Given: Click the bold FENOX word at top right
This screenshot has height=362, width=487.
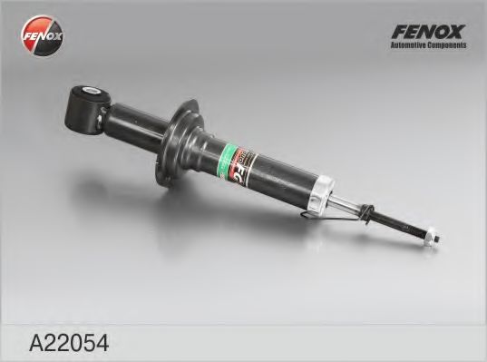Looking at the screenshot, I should click(427, 32).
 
